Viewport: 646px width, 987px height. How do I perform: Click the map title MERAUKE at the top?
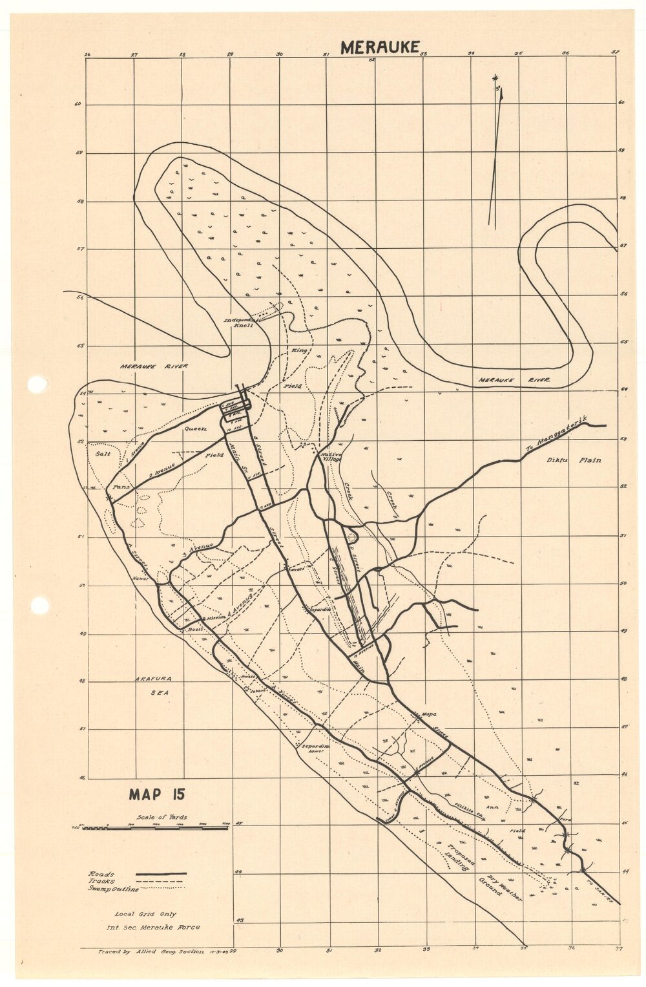(x=380, y=47)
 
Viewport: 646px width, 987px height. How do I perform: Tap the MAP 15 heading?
(x=156, y=794)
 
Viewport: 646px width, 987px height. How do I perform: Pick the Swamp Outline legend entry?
(x=112, y=890)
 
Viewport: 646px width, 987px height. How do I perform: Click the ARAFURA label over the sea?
(x=152, y=679)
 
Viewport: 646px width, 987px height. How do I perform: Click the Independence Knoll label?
(x=242, y=323)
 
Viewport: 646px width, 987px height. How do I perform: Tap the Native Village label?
(x=331, y=457)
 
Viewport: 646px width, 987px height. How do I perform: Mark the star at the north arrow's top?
(x=495, y=77)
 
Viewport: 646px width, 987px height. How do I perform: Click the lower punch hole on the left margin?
(x=39, y=606)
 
